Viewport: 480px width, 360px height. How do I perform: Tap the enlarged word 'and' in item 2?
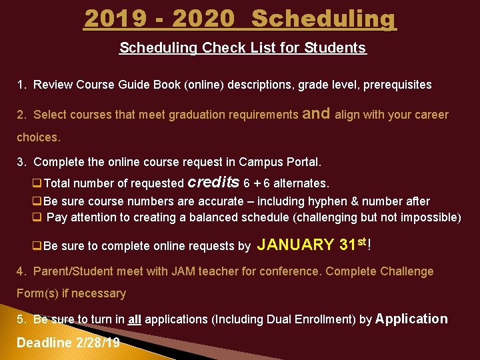[x=316, y=113]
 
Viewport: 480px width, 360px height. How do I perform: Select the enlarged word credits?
[x=214, y=182]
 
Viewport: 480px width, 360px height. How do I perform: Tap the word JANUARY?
[x=295, y=245]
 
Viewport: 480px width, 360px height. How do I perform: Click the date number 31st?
[x=352, y=244]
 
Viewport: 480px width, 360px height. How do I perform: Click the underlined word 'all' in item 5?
[x=134, y=320]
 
